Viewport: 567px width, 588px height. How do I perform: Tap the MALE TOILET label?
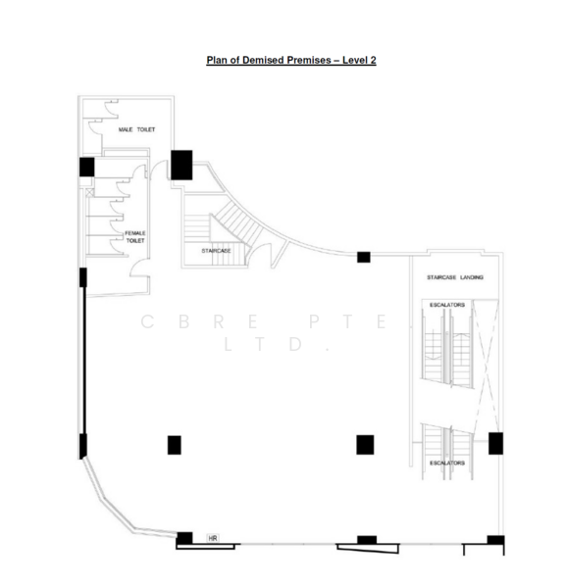pyautogui.click(x=136, y=129)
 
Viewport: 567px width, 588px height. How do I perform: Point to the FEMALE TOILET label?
pyautogui.click(x=135, y=236)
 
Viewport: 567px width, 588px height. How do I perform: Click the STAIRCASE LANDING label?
pyautogui.click(x=454, y=277)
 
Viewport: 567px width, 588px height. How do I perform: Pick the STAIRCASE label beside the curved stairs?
pyautogui.click(x=216, y=251)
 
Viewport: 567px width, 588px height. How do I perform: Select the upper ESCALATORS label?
pyautogui.click(x=447, y=305)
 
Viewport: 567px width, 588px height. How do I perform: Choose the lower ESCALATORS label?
pyautogui.click(x=447, y=462)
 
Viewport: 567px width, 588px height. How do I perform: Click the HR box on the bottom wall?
pyautogui.click(x=212, y=538)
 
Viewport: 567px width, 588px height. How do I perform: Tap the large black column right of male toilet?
pyautogui.click(x=181, y=165)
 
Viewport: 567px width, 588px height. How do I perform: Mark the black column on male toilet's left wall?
pyautogui.click(x=86, y=167)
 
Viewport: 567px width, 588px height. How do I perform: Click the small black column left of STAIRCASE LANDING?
pyautogui.click(x=363, y=257)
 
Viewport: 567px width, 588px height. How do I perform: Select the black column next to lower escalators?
pyautogui.click(x=495, y=444)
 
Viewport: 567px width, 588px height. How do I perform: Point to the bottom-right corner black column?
pyautogui.click(x=495, y=540)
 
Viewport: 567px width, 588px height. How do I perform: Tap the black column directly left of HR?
pyautogui.click(x=184, y=537)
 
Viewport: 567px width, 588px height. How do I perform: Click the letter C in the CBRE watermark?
pyautogui.click(x=148, y=320)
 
